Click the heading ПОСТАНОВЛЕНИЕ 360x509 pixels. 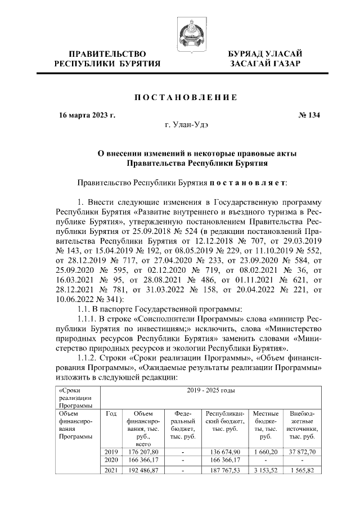coord(185,97)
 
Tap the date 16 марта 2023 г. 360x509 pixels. coord(87,116)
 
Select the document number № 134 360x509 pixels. coord(308,116)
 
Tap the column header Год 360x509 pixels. coord(111,413)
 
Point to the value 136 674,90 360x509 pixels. coord(225,451)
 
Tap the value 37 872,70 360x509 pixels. coord(303,451)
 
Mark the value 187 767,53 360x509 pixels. coord(225,470)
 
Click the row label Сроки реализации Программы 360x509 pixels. coord(71,398)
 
